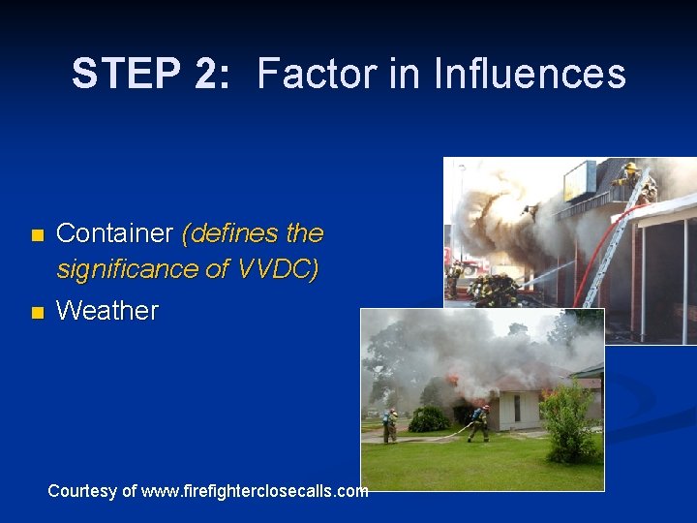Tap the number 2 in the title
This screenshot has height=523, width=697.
tap(209, 75)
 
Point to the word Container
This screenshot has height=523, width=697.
tap(114, 233)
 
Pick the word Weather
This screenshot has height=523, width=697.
tap(107, 311)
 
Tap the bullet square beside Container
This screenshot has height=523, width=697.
tap(37, 235)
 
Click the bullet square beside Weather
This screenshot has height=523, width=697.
tap(37, 313)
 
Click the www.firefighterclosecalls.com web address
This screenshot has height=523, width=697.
tap(255, 491)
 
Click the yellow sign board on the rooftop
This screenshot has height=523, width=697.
tap(581, 180)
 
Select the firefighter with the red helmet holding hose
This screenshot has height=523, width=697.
tap(479, 423)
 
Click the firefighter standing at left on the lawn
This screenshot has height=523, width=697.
tap(390, 425)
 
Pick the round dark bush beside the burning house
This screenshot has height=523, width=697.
tap(429, 418)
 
